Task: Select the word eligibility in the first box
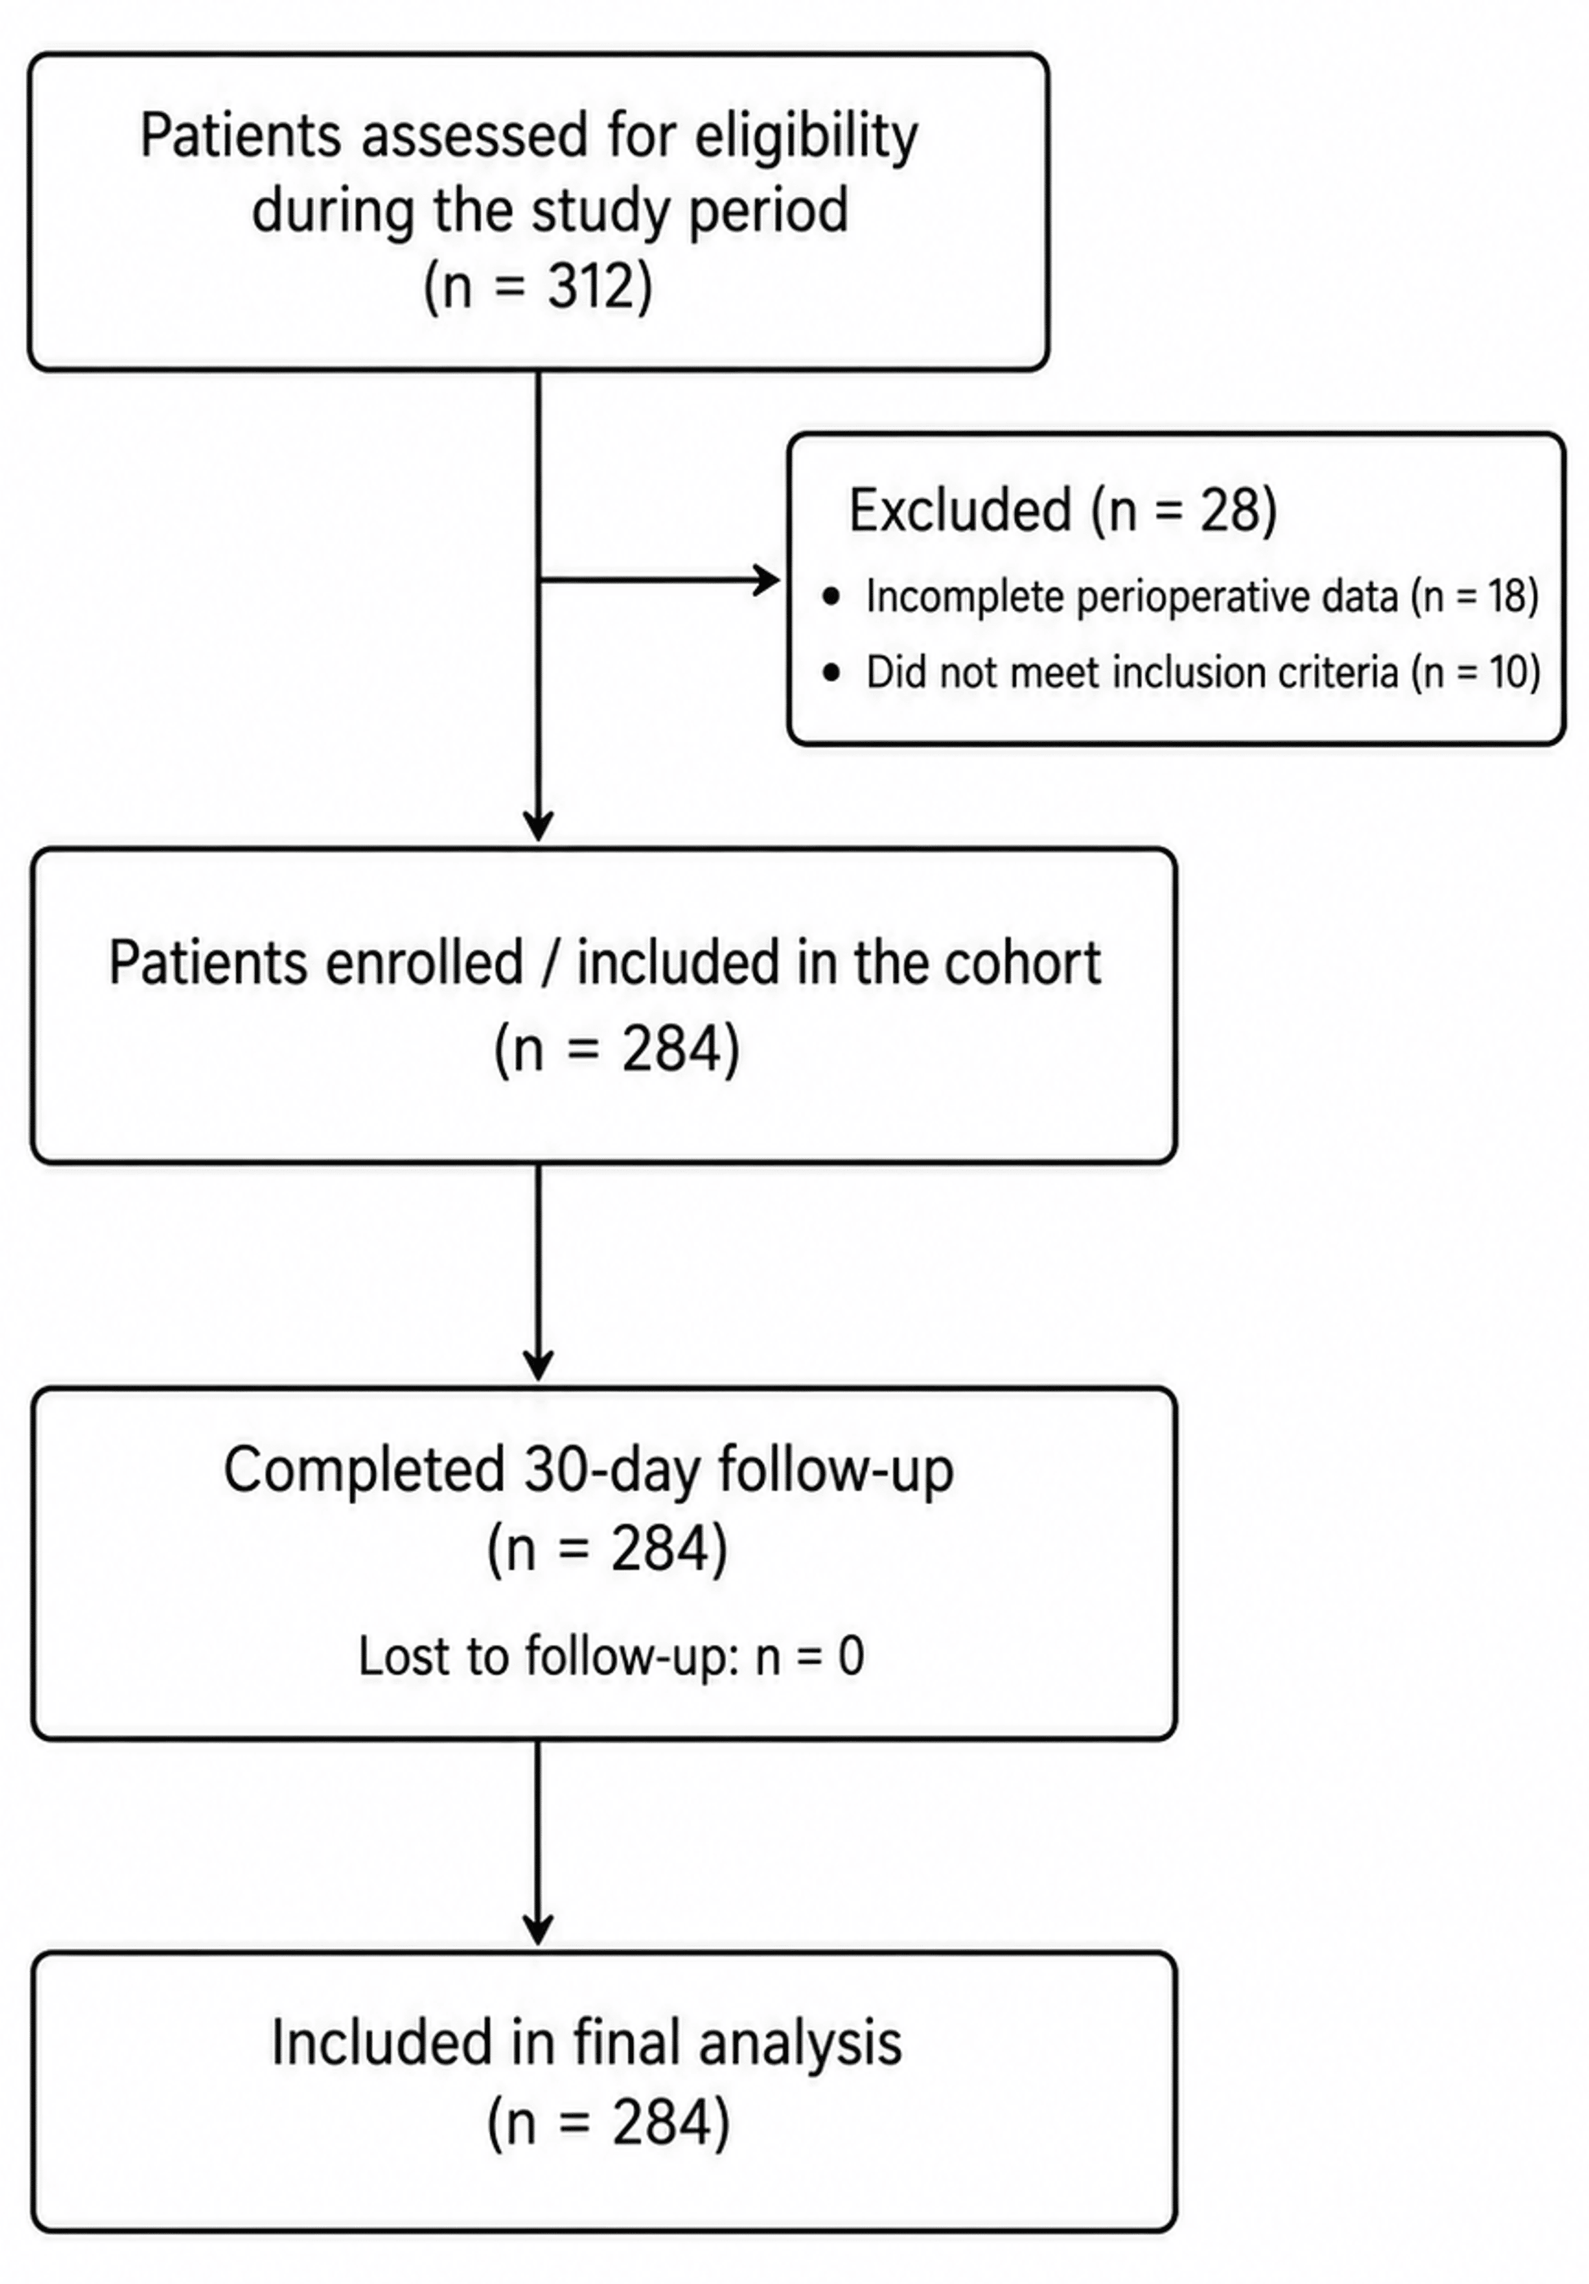[x=806, y=136]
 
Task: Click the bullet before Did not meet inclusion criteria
[x=832, y=673]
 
